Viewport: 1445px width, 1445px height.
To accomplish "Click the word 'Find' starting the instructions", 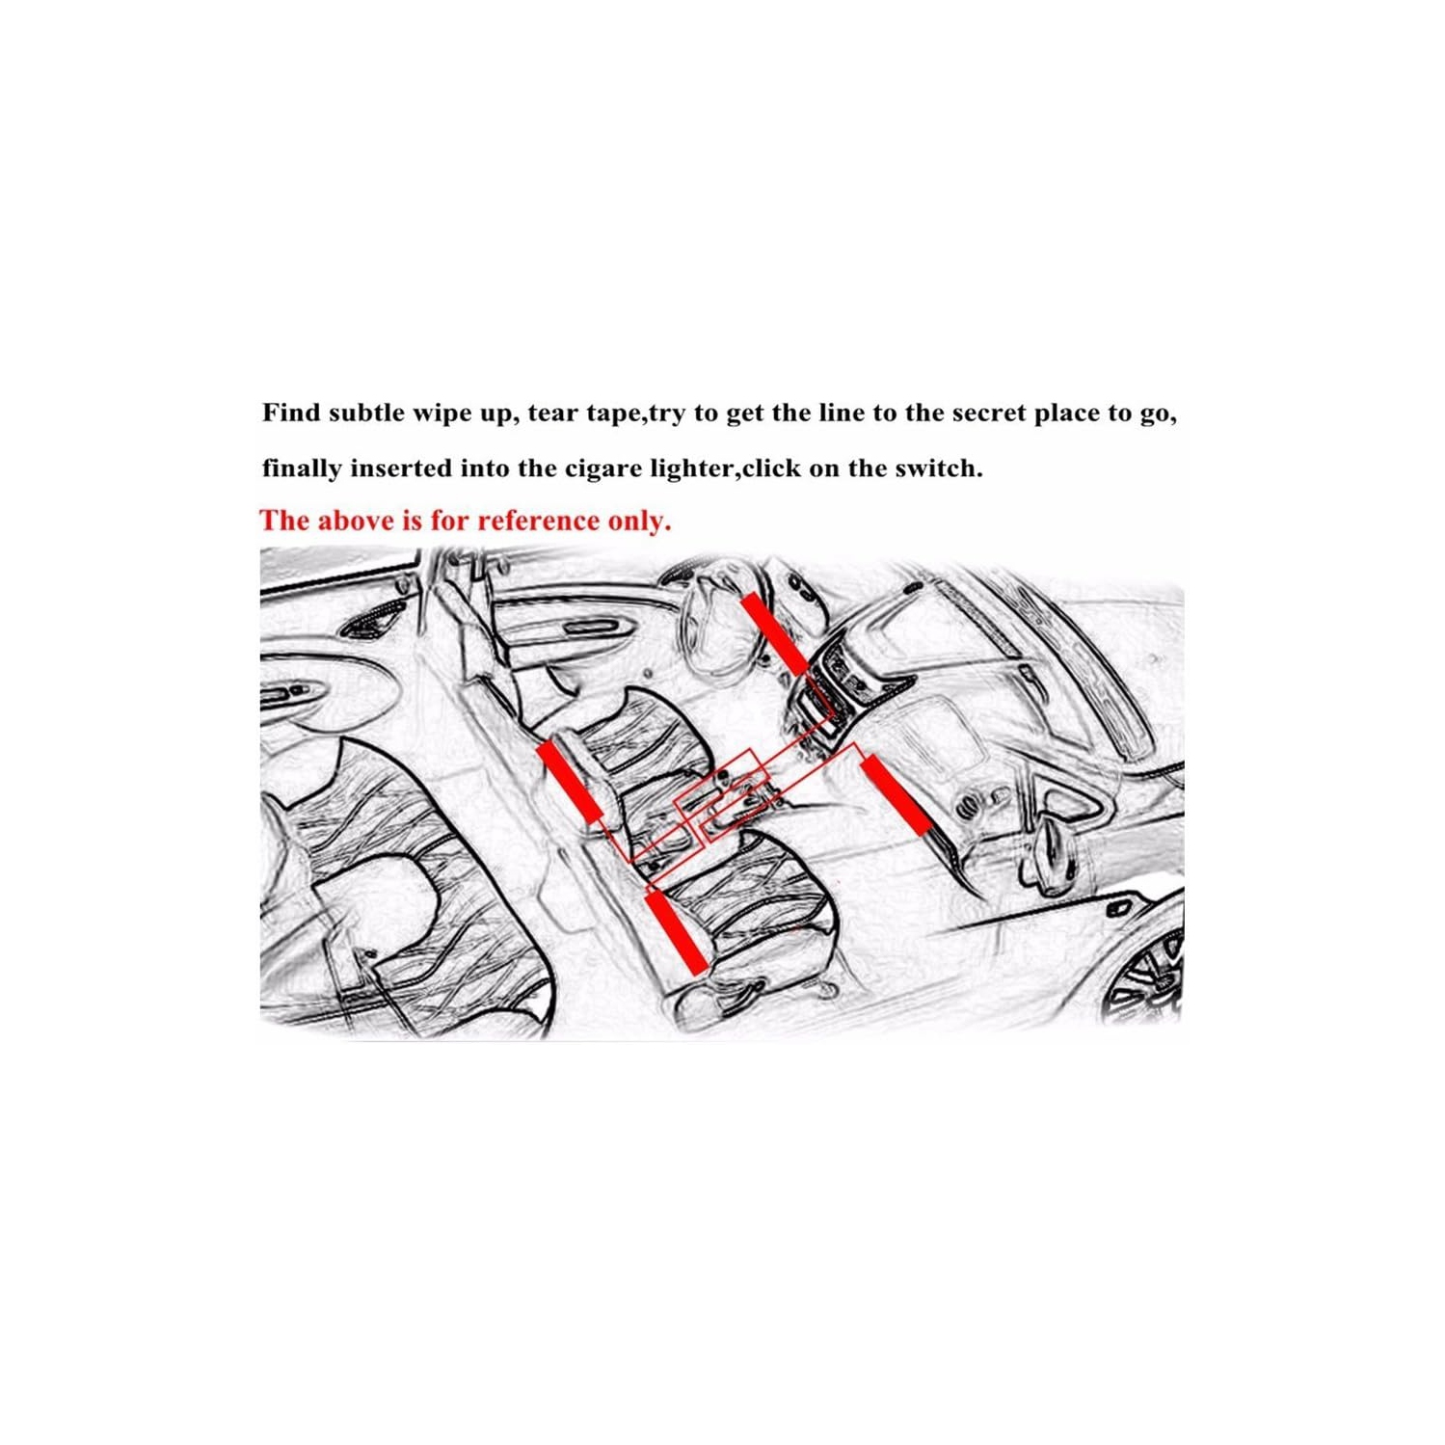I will click(290, 414).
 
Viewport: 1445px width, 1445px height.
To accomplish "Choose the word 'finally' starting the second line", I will click(302, 468).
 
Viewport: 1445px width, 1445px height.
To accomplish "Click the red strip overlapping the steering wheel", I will click(773, 633).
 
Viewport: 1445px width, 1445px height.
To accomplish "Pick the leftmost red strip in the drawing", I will click(569, 782).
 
